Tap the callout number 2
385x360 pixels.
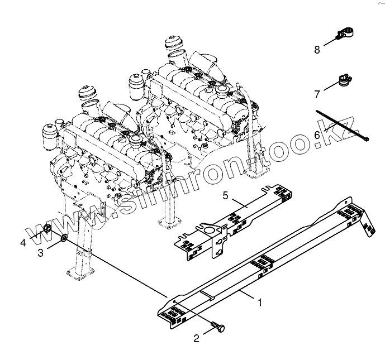click(197, 338)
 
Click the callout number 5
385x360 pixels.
click(225, 195)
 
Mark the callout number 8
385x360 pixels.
click(317, 50)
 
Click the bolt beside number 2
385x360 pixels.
click(217, 328)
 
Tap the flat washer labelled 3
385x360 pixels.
click(65, 239)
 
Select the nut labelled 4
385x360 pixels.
click(49, 229)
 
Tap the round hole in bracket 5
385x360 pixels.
click(207, 229)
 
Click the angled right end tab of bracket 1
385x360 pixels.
click(369, 228)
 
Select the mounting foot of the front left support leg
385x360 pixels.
click(78, 275)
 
